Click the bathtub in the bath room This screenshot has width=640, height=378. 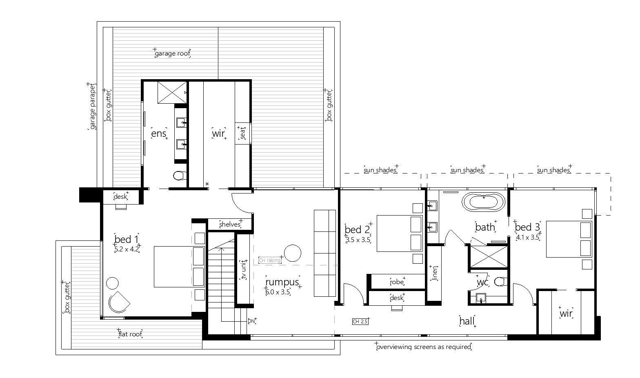point(483,202)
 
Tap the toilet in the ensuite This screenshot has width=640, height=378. point(180,176)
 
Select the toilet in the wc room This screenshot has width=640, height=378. point(501,282)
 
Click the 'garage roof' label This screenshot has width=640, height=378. point(172,54)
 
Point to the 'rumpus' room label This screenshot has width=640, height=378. point(282,282)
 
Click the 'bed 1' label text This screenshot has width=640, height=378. point(126,239)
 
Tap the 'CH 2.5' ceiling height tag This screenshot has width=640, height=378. point(360,321)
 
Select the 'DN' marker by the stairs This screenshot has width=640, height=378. point(251,321)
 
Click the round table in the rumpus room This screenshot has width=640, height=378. point(293,253)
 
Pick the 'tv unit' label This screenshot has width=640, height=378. point(244,270)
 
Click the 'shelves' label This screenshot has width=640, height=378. point(230,225)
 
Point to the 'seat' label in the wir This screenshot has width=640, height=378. point(242,133)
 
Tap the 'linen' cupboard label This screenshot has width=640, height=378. point(435,273)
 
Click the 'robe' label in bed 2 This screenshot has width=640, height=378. point(397,282)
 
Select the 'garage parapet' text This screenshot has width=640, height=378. point(92,107)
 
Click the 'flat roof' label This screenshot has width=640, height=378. point(130,334)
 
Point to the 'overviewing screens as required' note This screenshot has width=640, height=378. point(424,347)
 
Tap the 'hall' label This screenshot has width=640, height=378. point(467,321)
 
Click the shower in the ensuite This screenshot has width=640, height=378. point(172,92)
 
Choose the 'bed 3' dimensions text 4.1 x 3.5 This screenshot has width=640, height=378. point(528,238)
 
